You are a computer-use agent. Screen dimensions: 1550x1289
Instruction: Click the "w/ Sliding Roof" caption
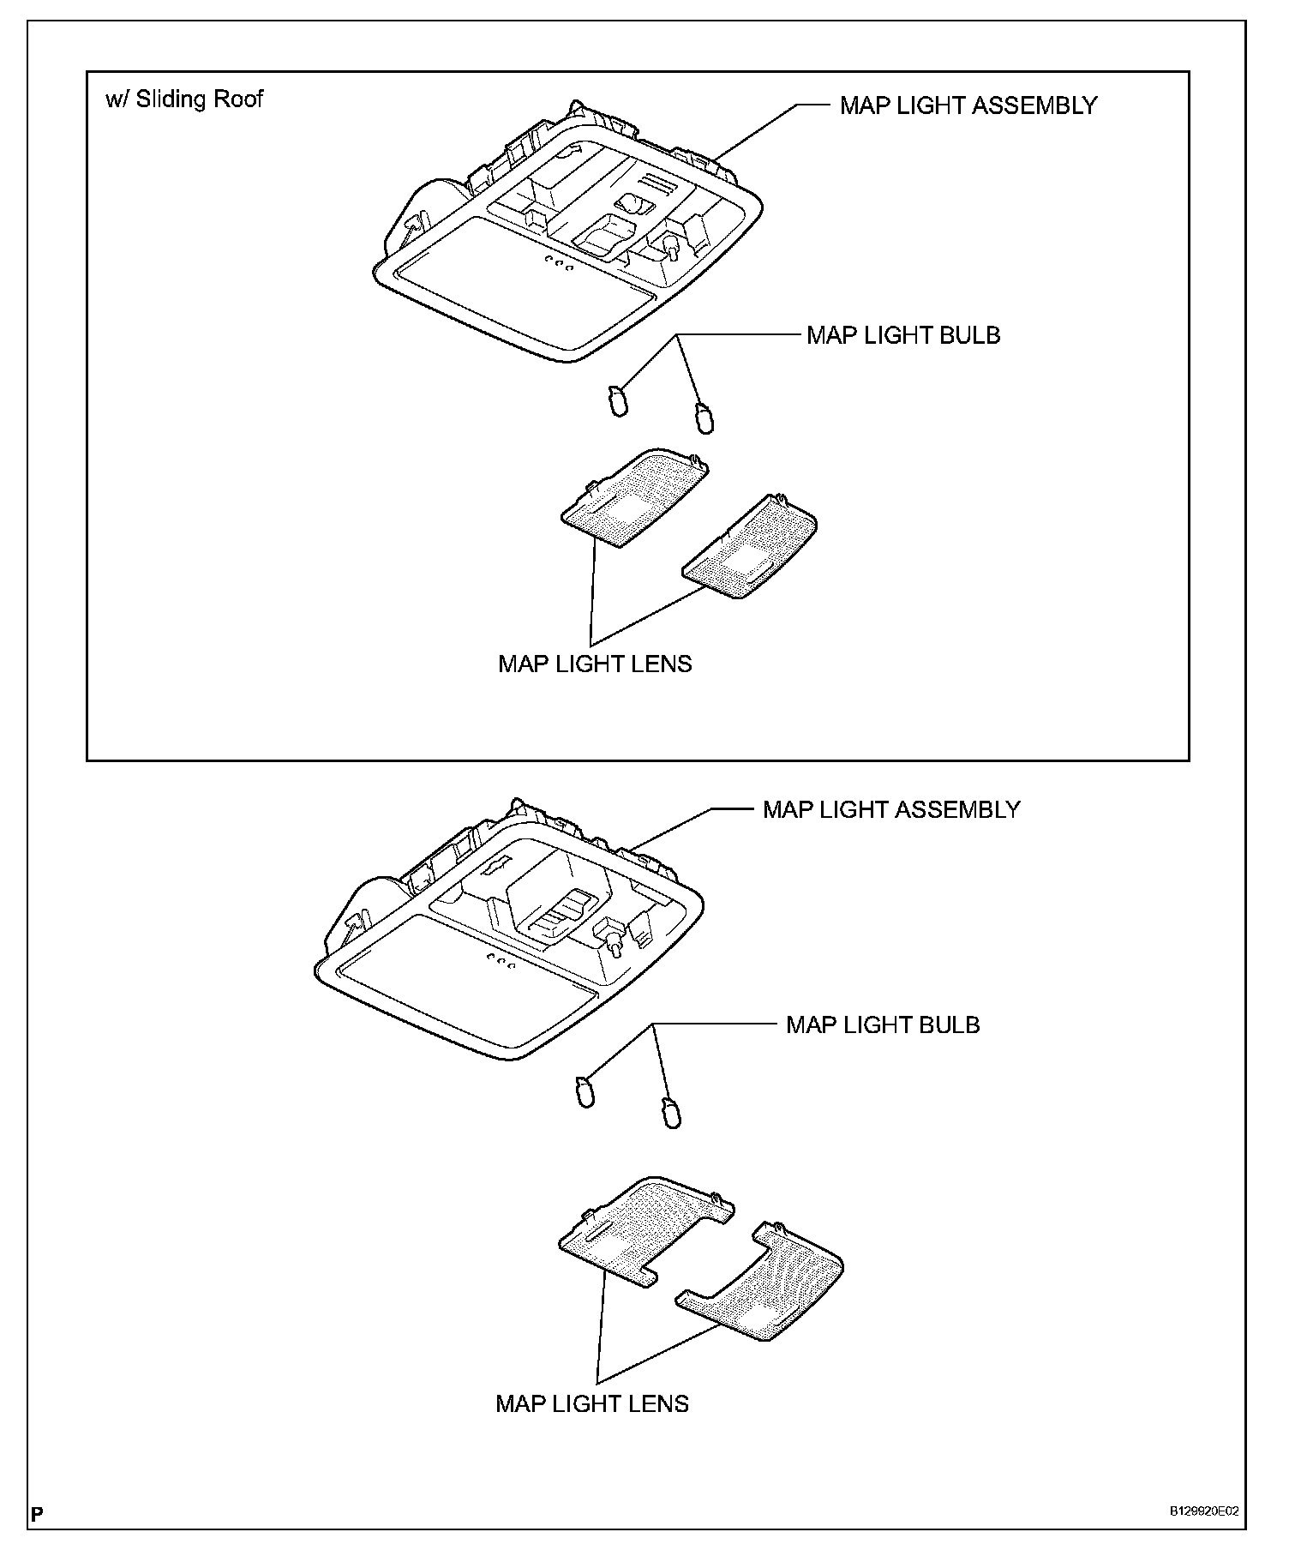(x=184, y=99)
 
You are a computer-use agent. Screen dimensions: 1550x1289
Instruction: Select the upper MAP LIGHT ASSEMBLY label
(x=968, y=105)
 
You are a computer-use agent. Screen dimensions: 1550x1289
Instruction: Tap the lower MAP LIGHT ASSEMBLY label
(x=891, y=810)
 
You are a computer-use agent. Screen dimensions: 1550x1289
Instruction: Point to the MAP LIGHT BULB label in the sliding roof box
(x=903, y=335)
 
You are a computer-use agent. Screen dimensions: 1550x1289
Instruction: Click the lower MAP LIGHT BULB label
(x=883, y=1025)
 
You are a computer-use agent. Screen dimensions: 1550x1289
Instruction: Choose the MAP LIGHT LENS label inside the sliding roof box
(x=595, y=664)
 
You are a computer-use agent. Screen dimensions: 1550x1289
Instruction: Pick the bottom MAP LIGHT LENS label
(x=592, y=1403)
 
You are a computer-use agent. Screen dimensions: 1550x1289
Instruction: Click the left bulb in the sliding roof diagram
(x=618, y=400)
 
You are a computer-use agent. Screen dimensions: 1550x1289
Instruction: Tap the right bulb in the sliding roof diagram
(x=704, y=417)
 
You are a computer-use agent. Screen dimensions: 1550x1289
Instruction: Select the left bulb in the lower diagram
(x=585, y=1093)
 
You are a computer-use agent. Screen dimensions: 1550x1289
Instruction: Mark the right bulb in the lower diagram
(x=672, y=1112)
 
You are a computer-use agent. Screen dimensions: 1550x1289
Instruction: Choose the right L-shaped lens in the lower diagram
(x=767, y=1283)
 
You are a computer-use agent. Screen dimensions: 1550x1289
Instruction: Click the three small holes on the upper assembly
(x=558, y=263)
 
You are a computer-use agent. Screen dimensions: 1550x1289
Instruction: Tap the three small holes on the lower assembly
(x=501, y=961)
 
